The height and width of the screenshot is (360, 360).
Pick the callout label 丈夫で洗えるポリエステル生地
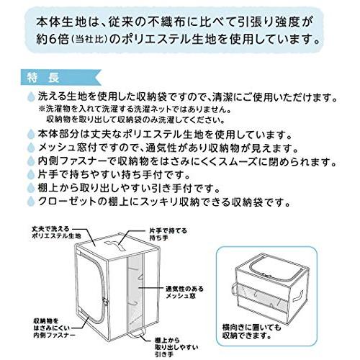pyautogui.click(x=45, y=233)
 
